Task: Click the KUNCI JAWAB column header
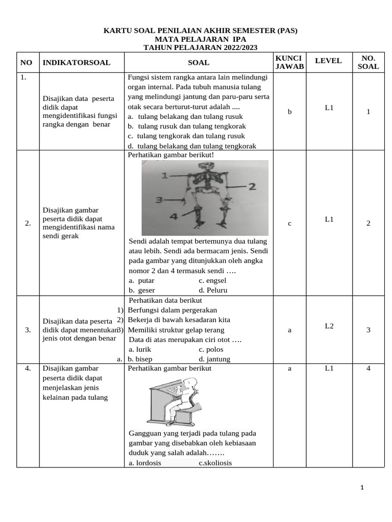(x=289, y=62)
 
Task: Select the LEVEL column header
(x=328, y=61)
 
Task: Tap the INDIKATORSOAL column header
(x=77, y=63)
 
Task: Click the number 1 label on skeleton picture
(x=164, y=175)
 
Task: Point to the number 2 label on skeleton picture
(x=252, y=187)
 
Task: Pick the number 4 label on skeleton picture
(x=173, y=217)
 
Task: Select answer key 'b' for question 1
(x=289, y=112)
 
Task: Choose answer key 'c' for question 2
(x=289, y=223)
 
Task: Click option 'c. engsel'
(x=212, y=280)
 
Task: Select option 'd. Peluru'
(x=213, y=290)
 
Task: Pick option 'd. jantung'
(x=214, y=359)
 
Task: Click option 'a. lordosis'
(x=145, y=462)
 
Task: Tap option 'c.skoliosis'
(x=215, y=462)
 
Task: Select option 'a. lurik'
(x=140, y=349)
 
